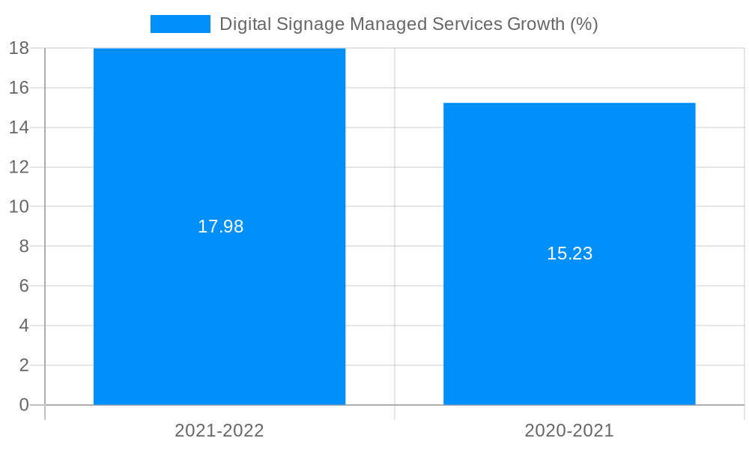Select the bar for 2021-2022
point(219,300)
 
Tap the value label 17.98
point(220,226)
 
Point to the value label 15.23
point(569,253)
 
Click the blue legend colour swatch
point(181,24)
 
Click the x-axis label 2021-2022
point(219,430)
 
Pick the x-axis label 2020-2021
point(569,430)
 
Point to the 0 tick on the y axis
point(23,405)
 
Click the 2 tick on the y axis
point(23,365)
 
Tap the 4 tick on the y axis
point(23,325)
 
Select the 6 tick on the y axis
point(23,286)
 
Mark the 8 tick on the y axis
point(23,246)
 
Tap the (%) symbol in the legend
point(584,24)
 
